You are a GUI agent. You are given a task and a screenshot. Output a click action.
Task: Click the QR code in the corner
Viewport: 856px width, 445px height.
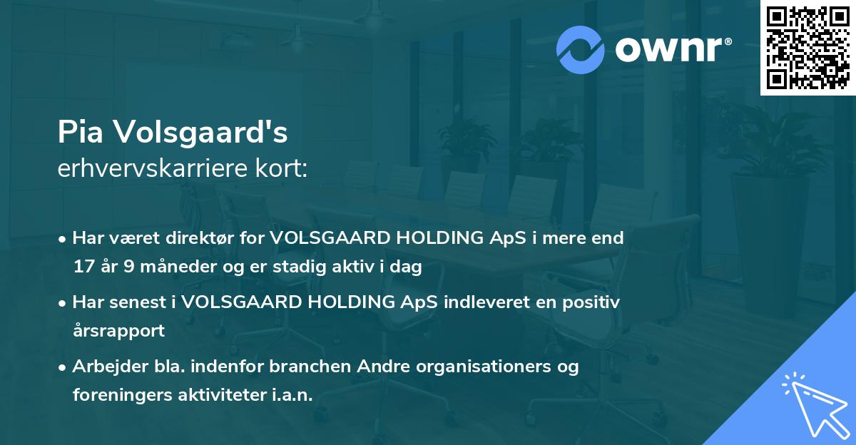807,47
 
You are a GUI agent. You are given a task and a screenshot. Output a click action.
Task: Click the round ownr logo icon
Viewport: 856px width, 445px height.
581,49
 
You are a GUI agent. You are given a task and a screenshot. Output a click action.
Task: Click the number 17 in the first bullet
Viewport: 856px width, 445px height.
83,267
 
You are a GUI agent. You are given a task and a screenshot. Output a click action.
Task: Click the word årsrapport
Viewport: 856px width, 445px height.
118,331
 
